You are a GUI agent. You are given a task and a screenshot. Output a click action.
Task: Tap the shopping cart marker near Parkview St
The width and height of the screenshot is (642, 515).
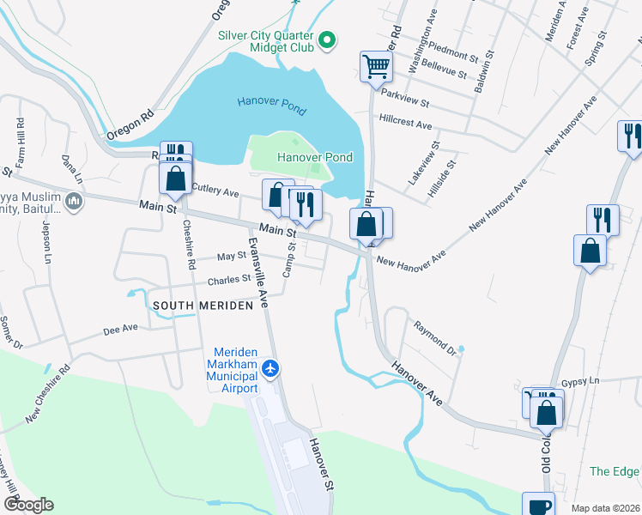(x=376, y=65)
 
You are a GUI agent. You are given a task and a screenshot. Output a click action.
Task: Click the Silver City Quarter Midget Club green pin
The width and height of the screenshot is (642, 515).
(x=327, y=39)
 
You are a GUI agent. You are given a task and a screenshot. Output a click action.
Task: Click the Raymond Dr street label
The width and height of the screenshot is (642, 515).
(x=434, y=336)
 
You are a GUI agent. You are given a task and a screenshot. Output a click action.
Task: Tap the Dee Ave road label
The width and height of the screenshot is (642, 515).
(x=120, y=328)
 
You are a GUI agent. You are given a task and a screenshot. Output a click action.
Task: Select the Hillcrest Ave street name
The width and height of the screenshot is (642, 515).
(x=406, y=124)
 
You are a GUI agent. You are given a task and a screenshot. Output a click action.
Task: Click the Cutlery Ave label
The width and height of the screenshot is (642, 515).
(x=215, y=190)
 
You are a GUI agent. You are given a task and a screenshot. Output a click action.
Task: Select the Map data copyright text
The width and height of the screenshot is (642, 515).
(x=605, y=508)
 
